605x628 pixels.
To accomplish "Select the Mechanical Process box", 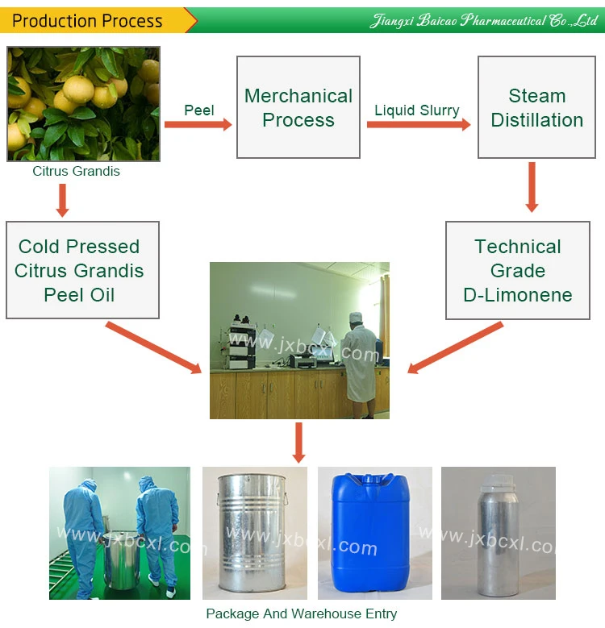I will pyautogui.click(x=298, y=107).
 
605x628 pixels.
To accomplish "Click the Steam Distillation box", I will pyautogui.click(x=536, y=107).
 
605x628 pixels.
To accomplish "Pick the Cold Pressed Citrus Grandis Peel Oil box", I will pyautogui.click(x=79, y=270).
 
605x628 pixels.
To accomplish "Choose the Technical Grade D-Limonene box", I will pyautogui.click(x=517, y=270).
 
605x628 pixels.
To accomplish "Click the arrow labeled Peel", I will pyautogui.click(x=198, y=124).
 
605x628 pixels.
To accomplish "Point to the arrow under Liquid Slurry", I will pyautogui.click(x=421, y=125).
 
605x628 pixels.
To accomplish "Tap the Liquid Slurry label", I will pyautogui.click(x=417, y=110).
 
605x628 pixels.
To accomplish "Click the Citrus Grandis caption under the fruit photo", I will pyautogui.click(x=76, y=171).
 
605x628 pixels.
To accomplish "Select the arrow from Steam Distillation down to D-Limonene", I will pyautogui.click(x=532, y=187).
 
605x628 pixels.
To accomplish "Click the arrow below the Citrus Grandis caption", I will pyautogui.click(x=62, y=200).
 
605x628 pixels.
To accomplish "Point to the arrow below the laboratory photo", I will pyautogui.click(x=299, y=442).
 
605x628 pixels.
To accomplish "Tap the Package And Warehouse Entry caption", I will pyautogui.click(x=301, y=613).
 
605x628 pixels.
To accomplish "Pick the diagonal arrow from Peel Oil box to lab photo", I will pyautogui.click(x=153, y=347).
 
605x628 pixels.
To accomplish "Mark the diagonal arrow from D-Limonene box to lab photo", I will pyautogui.click(x=456, y=347).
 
